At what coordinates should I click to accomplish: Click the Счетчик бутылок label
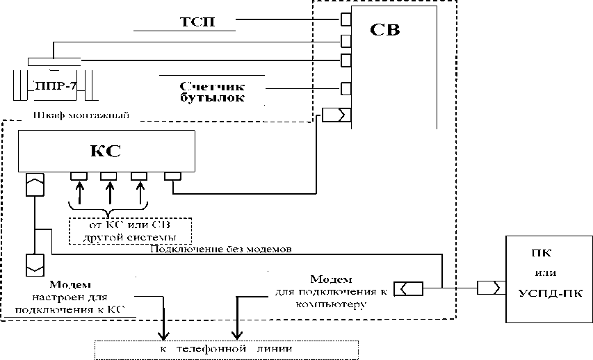212,92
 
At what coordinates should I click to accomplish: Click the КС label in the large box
108,151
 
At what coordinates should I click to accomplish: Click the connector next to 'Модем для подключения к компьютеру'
405,287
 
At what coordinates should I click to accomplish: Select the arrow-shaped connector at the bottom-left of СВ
337,115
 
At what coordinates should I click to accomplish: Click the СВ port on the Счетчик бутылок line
346,88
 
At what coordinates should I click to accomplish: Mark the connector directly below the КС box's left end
33,184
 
